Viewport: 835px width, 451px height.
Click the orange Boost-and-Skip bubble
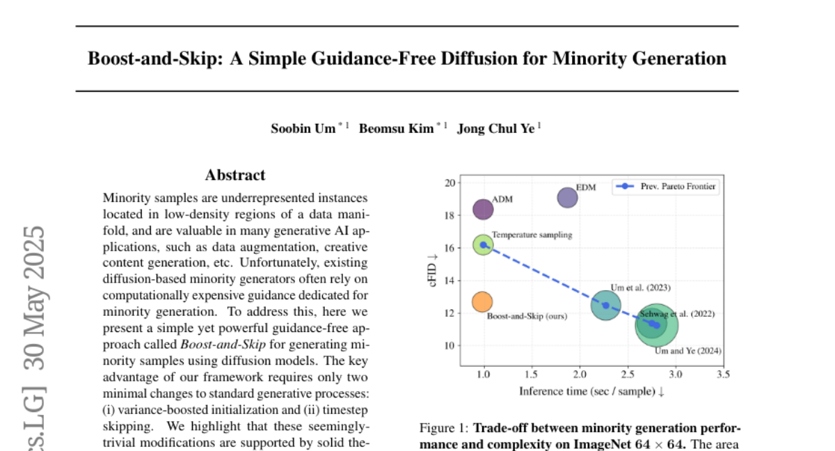tap(482, 301)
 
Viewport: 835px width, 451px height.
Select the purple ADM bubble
tap(483, 208)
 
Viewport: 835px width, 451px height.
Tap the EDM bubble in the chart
tap(568, 198)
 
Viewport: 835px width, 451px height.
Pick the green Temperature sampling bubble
tap(483, 244)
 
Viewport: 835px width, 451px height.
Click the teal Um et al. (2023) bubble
tap(605, 306)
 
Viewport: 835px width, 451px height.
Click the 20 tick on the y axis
tap(450, 183)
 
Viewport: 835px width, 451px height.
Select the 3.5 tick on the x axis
tap(723, 374)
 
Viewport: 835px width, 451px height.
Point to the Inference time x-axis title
tap(591, 391)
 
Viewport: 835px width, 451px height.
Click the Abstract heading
tap(235, 175)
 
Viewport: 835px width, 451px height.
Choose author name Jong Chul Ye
tap(496, 129)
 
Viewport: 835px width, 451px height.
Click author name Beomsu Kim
tap(394, 129)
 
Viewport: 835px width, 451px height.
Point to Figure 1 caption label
tap(443, 427)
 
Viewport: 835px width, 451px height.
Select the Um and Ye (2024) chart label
tap(688, 351)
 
